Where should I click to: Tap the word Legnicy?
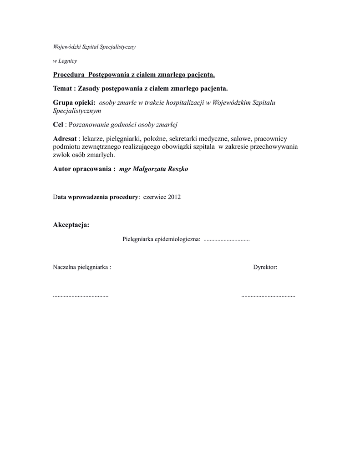68,61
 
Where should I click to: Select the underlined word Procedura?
69,74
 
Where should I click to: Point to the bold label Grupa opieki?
74,102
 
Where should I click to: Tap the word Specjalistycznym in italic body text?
77,111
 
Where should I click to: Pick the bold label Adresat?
65,138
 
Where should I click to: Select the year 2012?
174,197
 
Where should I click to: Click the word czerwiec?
154,197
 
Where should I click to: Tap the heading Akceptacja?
71,225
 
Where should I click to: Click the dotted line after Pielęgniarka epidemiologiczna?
226,239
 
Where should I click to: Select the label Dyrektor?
265,267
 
